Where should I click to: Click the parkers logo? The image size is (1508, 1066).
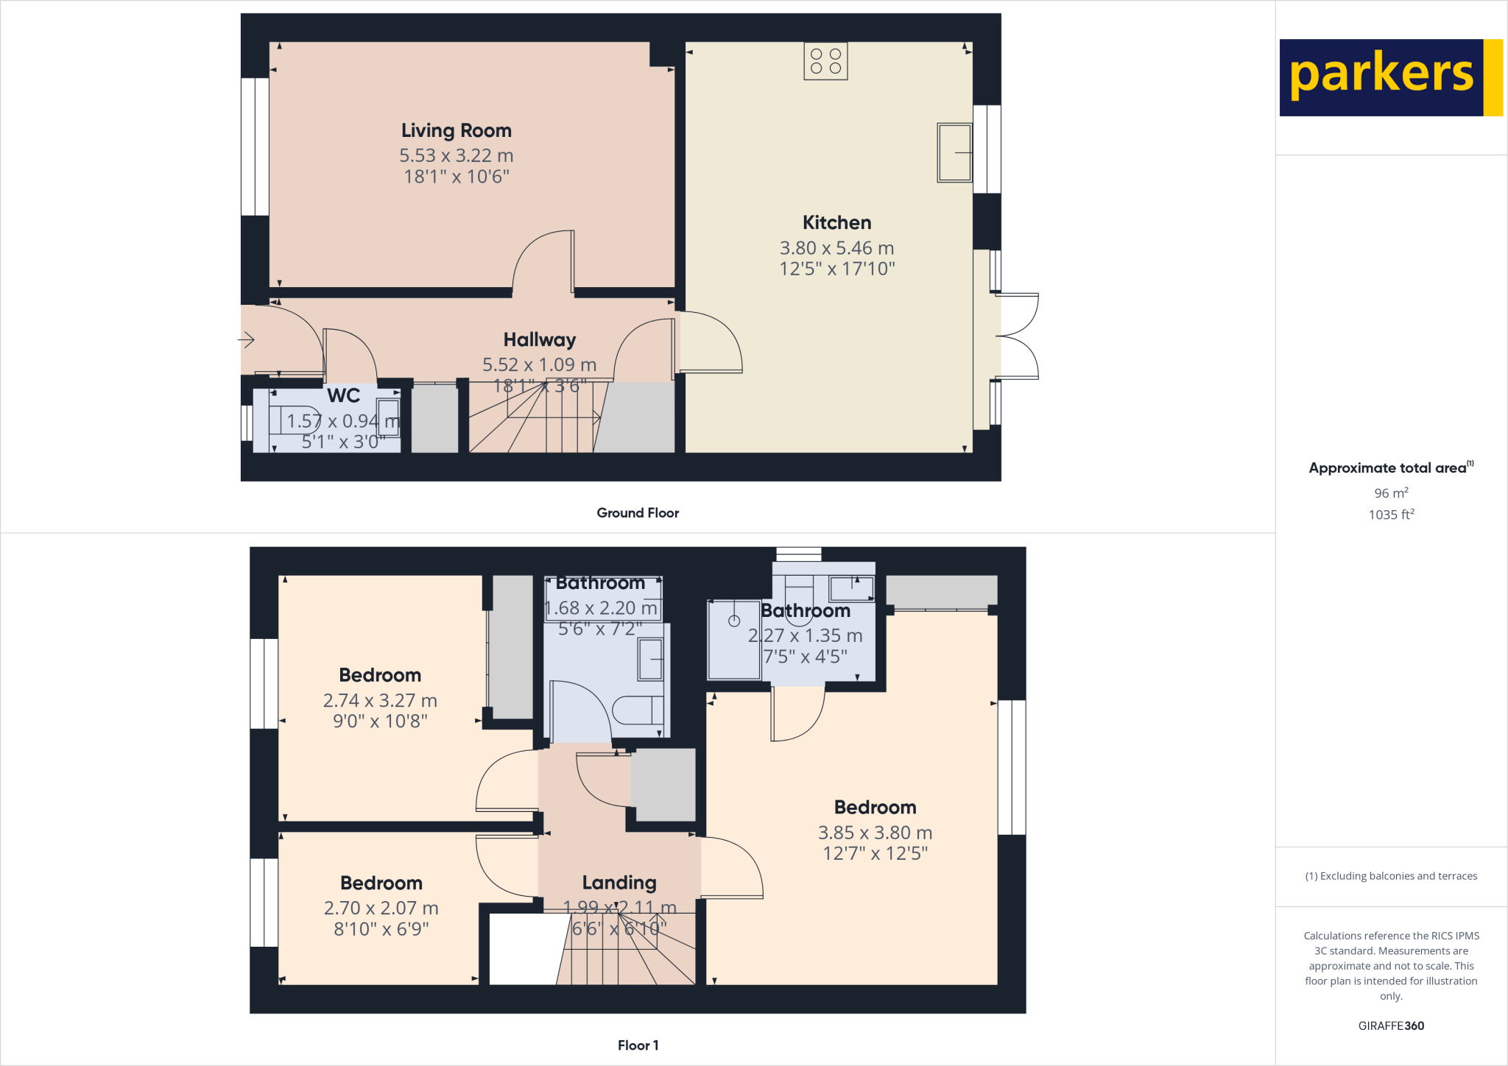pos(1390,77)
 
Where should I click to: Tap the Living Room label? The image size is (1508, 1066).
pos(456,130)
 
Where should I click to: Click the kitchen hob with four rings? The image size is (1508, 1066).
pos(825,61)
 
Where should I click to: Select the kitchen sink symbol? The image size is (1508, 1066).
pos(954,152)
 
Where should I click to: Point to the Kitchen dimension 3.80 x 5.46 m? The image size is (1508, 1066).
pos(836,248)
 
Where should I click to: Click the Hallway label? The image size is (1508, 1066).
pos(539,339)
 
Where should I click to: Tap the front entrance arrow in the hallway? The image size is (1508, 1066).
pos(247,339)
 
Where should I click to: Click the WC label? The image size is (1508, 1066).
pos(343,395)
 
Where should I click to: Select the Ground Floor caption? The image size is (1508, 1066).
pos(638,512)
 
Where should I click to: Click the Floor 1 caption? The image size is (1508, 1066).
pos(638,1045)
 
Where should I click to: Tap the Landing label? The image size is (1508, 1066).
pos(619,882)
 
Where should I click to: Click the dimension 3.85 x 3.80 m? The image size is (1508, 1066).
pos(875,833)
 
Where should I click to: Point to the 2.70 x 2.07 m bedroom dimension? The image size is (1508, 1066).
pos(381,908)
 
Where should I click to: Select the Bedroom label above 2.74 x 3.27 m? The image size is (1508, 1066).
pos(380,675)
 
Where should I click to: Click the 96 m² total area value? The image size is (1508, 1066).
pos(1391,493)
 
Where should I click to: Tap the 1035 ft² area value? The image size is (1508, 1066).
pos(1391,515)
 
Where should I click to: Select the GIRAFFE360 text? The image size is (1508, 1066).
pos(1391,1026)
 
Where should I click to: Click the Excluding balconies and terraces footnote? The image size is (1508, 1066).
pos(1391,876)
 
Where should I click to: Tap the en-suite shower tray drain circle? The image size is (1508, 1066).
pos(734,621)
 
